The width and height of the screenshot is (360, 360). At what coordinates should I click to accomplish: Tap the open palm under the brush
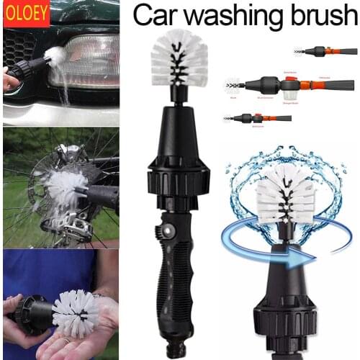point(79,342)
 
